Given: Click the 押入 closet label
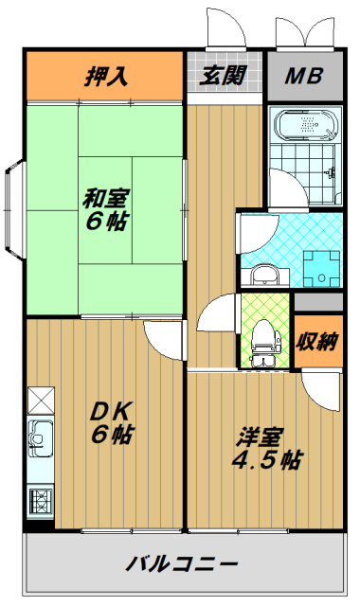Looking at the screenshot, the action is tap(106, 76).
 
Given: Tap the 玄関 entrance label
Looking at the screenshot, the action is tap(223, 76).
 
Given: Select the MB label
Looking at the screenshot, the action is tap(304, 76).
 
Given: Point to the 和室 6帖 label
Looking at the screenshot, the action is tap(105, 209).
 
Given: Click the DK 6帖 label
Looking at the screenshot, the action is tap(112, 422).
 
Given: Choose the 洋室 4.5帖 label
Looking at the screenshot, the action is tap(267, 448).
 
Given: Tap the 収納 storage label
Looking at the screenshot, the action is tap(317, 341).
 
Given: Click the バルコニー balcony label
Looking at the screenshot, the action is tap(181, 564).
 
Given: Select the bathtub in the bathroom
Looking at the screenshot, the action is tap(306, 125).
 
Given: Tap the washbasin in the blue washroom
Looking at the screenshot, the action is tap(265, 276).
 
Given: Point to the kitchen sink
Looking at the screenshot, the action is tap(40, 439).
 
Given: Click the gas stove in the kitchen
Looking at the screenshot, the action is tap(40, 501).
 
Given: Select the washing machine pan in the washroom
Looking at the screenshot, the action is tap(321, 269).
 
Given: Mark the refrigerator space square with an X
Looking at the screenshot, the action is tap(41, 401).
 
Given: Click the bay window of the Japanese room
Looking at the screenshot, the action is tap(15, 209).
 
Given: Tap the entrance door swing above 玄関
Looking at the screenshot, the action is tap(225, 28).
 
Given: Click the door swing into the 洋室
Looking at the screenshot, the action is tap(322, 390).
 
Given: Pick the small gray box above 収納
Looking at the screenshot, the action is tap(318, 302).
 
